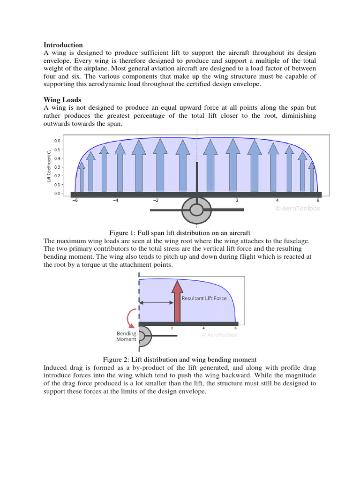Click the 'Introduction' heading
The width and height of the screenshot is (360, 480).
tap(63, 45)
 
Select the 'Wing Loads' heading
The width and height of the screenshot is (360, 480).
tap(62, 99)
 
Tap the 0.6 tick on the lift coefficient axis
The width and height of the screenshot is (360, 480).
tap(57, 141)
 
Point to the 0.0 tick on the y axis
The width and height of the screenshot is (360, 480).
tap(57, 193)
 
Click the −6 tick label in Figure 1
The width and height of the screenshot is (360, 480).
tap(74, 200)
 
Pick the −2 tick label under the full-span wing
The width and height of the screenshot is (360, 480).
tap(156, 200)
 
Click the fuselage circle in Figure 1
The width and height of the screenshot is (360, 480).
tap(196, 210)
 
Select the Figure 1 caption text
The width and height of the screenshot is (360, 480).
tap(180, 232)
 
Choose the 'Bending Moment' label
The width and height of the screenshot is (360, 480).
tap(127, 336)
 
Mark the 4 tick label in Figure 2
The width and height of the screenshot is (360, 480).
tap(203, 329)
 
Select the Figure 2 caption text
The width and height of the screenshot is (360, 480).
tap(180, 360)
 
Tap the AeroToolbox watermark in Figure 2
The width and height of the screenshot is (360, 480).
tap(219, 335)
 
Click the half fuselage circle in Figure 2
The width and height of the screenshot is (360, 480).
tap(144, 337)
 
